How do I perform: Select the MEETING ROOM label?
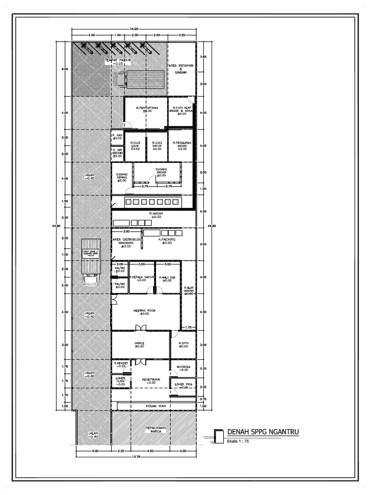141,312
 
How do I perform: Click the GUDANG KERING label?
121,177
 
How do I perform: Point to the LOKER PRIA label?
184,385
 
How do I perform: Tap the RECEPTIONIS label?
151,380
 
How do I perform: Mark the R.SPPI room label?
183,344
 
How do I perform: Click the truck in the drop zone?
91,263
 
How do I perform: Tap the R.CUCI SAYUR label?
157,146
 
